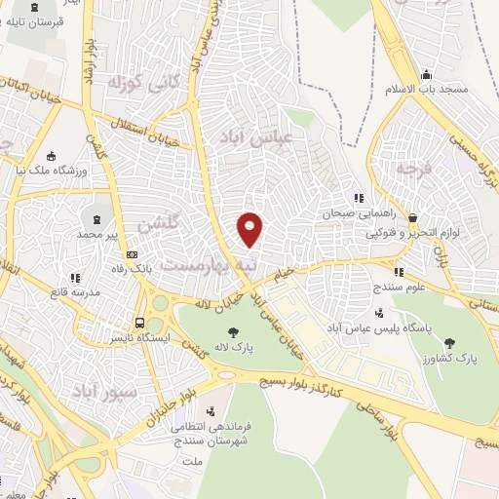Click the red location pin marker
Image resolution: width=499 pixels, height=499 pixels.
coord(250,228)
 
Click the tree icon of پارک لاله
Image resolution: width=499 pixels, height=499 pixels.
coord(231,334)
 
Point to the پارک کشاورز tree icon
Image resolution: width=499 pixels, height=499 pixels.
coord(449,341)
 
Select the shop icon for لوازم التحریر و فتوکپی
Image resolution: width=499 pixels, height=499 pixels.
coord(412,217)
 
